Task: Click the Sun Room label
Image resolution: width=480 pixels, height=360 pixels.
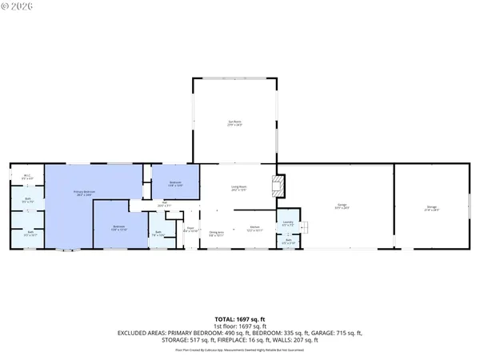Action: (x=235, y=122)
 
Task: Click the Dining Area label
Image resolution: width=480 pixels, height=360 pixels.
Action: (x=216, y=234)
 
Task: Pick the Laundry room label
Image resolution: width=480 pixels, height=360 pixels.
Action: (x=288, y=223)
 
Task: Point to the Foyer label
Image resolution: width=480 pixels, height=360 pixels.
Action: (x=190, y=230)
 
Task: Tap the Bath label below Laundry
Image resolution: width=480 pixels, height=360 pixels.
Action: (x=288, y=241)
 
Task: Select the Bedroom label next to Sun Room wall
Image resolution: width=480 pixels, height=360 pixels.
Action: (x=175, y=184)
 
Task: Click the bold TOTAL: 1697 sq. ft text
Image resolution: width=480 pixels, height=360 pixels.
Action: (x=239, y=319)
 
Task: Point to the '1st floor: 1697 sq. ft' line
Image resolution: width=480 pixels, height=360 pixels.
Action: (x=239, y=326)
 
